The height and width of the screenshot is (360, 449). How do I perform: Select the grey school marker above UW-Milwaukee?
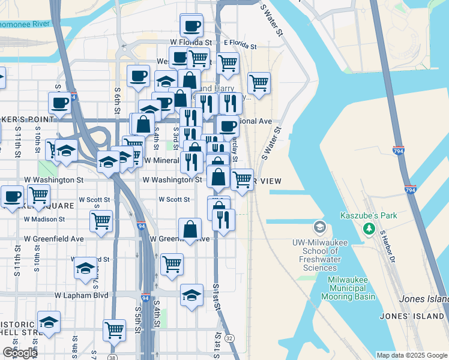tap(319, 227)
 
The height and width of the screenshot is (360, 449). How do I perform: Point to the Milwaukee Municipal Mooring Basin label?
tap(352, 288)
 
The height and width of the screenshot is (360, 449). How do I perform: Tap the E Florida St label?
tap(240, 45)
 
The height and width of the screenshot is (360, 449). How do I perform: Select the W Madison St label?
tap(44, 220)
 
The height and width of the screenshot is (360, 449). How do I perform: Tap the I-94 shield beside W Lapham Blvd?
tap(145, 297)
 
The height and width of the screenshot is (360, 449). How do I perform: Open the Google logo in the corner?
tap(20, 353)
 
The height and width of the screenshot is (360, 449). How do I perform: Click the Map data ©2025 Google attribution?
tap(411, 355)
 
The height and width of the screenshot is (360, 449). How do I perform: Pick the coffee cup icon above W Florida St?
tap(192, 26)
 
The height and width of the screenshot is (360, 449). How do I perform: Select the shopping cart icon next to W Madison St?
tap(101, 220)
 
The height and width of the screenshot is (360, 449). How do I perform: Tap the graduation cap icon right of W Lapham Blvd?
tap(191, 295)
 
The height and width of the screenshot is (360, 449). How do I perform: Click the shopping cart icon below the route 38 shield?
tap(114, 329)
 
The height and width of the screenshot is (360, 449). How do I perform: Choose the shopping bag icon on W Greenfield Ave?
tap(190, 229)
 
